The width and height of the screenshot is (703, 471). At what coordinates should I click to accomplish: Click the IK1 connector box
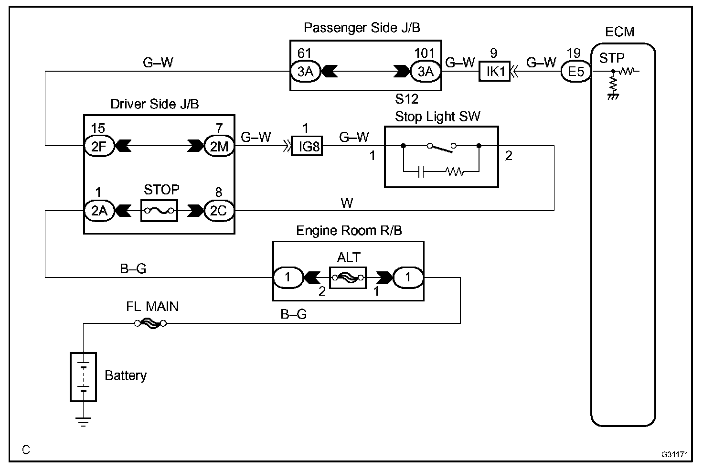[x=494, y=71]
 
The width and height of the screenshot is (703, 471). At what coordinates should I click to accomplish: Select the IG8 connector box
[x=307, y=146]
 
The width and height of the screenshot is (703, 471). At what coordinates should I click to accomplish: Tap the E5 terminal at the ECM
[x=576, y=71]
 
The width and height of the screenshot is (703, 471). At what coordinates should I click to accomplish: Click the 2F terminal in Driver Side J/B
[x=99, y=146]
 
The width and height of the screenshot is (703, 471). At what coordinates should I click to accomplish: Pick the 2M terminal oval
[x=219, y=146]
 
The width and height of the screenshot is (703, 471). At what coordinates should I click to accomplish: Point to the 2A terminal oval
[x=99, y=211]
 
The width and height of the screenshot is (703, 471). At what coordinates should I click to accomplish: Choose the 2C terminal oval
[x=219, y=211]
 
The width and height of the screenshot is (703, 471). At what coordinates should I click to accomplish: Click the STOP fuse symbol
[x=160, y=211]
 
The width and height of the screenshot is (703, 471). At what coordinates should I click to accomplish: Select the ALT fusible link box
[x=348, y=278]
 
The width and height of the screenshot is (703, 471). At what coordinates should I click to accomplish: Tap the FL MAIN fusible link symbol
[x=150, y=323]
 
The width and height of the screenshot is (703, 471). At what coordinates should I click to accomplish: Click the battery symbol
[x=83, y=377]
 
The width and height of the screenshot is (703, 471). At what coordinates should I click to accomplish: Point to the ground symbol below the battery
[x=83, y=422]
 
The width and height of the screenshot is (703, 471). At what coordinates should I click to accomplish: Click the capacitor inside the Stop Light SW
[x=421, y=172]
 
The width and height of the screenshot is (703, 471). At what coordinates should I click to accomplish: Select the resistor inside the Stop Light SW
[x=455, y=172]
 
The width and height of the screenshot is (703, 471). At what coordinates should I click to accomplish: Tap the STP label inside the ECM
[x=612, y=58]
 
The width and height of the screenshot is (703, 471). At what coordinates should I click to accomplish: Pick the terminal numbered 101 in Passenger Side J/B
[x=426, y=71]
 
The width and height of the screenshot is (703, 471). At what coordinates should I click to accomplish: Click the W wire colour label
[x=347, y=203]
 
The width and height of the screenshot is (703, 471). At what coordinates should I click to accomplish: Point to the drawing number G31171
[x=675, y=454]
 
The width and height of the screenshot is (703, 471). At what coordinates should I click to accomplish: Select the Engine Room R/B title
[x=349, y=230]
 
